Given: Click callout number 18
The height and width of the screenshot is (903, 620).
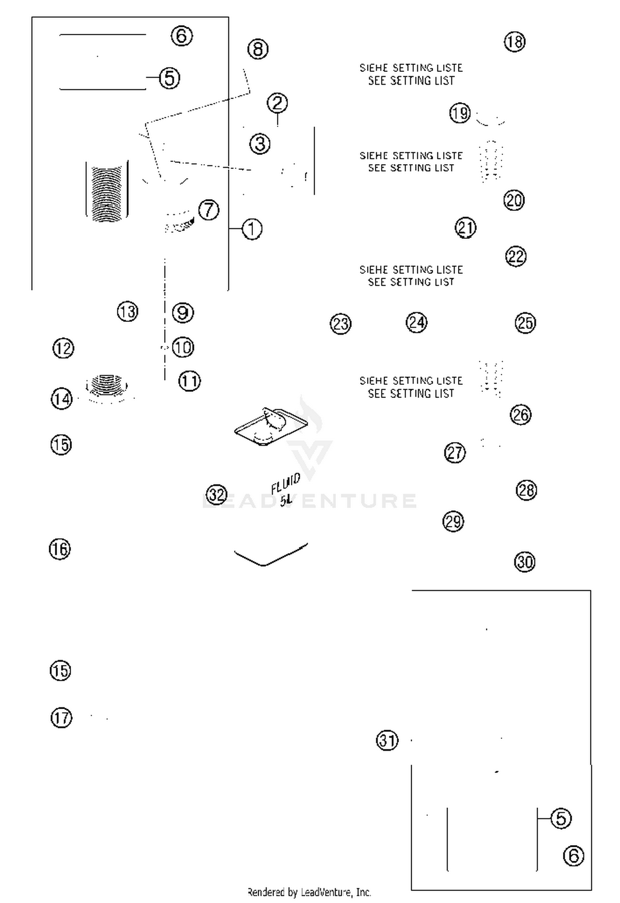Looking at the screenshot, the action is (515, 42).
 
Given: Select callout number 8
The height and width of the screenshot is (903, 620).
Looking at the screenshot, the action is (258, 49).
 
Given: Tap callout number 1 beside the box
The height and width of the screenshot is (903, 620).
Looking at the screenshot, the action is (252, 229).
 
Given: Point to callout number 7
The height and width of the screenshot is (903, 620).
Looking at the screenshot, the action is (209, 210).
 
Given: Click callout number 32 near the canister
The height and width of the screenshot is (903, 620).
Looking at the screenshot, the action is (217, 494).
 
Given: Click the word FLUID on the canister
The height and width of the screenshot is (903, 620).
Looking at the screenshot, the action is (286, 484).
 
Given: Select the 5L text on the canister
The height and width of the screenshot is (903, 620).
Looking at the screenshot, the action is (286, 500).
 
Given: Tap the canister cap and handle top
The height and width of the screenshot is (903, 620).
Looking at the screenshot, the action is (271, 426).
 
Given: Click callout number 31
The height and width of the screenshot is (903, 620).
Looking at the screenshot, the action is (387, 740).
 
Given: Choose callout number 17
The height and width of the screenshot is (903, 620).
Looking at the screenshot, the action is (61, 718).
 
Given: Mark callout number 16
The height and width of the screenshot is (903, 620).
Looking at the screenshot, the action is (60, 549).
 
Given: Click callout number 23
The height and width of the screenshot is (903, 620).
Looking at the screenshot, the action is (341, 324).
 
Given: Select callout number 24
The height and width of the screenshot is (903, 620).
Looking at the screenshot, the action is (416, 322).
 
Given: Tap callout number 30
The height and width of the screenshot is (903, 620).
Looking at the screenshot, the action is (525, 562).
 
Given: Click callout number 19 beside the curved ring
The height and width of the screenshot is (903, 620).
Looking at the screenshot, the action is (460, 113).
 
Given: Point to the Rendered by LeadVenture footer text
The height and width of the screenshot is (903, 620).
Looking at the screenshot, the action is (309, 892).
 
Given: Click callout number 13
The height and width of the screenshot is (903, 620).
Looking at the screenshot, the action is (127, 311).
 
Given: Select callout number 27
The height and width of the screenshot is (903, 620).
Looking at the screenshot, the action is (455, 453).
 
